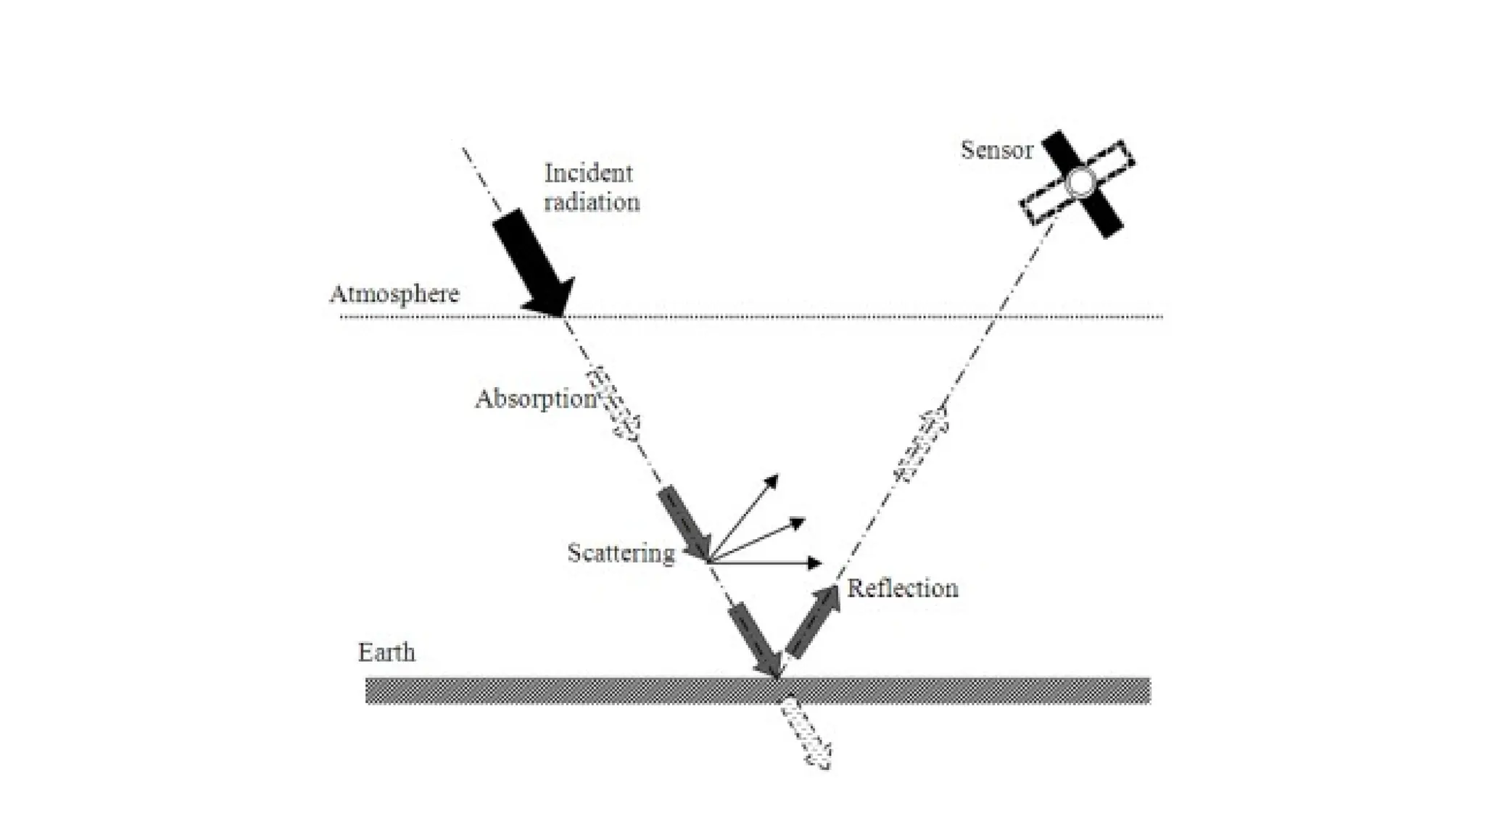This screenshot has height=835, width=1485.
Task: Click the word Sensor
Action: click(996, 150)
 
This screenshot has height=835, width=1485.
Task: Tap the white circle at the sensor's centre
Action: click(1080, 183)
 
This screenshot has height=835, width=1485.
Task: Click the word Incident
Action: click(588, 173)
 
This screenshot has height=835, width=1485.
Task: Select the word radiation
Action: click(592, 202)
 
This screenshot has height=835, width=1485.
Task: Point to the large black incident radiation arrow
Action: click(533, 263)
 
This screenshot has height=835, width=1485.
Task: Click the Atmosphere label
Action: click(394, 294)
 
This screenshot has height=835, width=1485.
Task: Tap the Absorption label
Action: click(535, 399)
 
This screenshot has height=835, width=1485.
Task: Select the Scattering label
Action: click(621, 553)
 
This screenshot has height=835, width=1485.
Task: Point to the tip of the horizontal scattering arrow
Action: click(819, 563)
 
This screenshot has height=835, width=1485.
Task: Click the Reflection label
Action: click(903, 588)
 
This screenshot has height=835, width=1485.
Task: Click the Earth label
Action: click(386, 652)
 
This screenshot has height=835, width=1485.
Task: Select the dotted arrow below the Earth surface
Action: click(805, 734)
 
